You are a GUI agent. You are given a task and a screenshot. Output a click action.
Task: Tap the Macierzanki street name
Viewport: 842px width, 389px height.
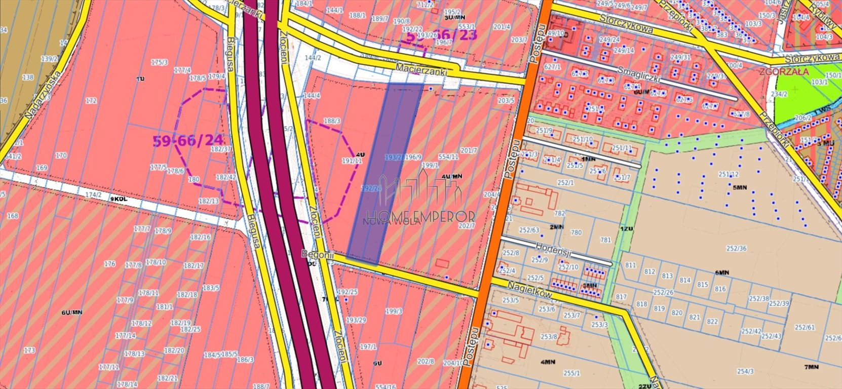point(422,69)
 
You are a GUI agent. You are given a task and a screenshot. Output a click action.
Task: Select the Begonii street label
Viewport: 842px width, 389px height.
point(317,255)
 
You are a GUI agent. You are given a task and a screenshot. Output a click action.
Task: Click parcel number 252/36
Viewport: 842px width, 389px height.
point(736,248)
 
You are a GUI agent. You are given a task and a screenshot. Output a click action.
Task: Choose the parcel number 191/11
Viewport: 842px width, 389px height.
point(352,161)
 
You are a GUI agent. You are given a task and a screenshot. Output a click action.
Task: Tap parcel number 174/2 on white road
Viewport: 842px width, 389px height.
point(93,194)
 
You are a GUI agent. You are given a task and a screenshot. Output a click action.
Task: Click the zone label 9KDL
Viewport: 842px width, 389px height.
point(118,200)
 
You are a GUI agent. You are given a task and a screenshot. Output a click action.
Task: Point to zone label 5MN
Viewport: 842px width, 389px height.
point(740,187)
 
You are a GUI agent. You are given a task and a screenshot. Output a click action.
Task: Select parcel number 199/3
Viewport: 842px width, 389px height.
point(394,311)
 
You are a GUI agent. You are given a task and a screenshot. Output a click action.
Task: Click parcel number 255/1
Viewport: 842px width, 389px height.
point(571,373)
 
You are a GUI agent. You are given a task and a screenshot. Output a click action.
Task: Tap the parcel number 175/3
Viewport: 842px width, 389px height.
point(159,62)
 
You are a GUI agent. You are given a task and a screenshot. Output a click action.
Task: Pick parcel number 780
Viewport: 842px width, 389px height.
point(576,232)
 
